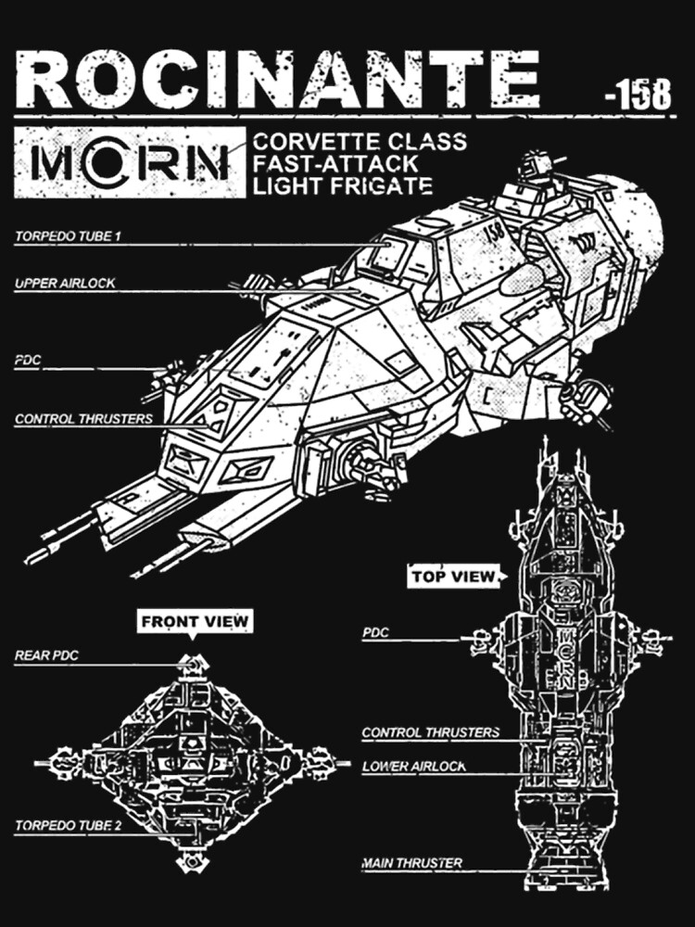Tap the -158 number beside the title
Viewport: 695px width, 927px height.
[x=637, y=95]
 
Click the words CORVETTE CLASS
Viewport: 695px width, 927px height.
[x=360, y=143]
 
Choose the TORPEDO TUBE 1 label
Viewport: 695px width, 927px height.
[x=68, y=236]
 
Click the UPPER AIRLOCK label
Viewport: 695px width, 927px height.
[x=65, y=283]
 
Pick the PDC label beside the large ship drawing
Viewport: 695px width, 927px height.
[x=29, y=361]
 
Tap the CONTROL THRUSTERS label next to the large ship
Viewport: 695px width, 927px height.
[x=83, y=419]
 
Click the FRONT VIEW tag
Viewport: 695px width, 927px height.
[x=195, y=621]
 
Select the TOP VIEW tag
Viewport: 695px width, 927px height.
[x=454, y=577]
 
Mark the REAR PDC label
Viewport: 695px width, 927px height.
[x=46, y=655]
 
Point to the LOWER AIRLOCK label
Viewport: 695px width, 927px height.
[x=413, y=767]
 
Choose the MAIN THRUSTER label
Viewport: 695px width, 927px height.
[x=412, y=864]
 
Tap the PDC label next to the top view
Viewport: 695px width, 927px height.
[x=375, y=633]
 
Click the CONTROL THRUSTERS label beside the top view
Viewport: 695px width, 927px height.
[x=430, y=732]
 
